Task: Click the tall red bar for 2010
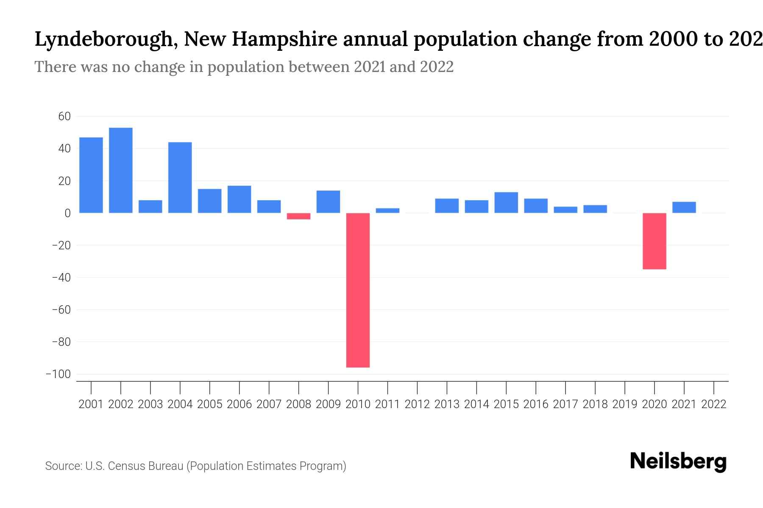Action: [358, 290]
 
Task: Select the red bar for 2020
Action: [654, 241]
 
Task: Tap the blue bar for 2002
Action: [121, 170]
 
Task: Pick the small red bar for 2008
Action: [298, 216]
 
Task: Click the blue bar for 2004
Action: [180, 177]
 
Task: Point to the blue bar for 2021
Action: [684, 207]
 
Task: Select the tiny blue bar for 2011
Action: [387, 210]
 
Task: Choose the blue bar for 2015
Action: [506, 202]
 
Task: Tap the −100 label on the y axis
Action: [58, 374]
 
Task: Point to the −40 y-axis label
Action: [61, 278]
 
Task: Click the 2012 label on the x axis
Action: [417, 404]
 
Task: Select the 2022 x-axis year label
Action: [714, 404]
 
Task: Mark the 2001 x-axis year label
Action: [91, 404]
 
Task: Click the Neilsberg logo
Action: [678, 461]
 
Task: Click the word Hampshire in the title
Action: [284, 39]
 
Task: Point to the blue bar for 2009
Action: [328, 202]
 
